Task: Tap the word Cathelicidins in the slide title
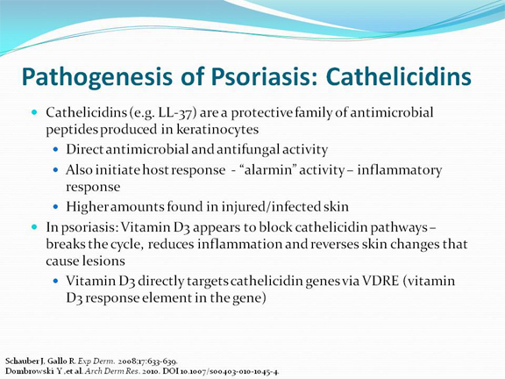pos(398,76)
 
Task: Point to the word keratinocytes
pos(217,130)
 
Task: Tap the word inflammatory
pos(400,170)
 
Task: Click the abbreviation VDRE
pos(381,281)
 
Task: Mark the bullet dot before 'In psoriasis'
pos(34,227)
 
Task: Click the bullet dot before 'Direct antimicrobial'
pos(56,149)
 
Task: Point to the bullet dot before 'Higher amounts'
pos(56,206)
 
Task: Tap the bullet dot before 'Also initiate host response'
pos(56,169)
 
